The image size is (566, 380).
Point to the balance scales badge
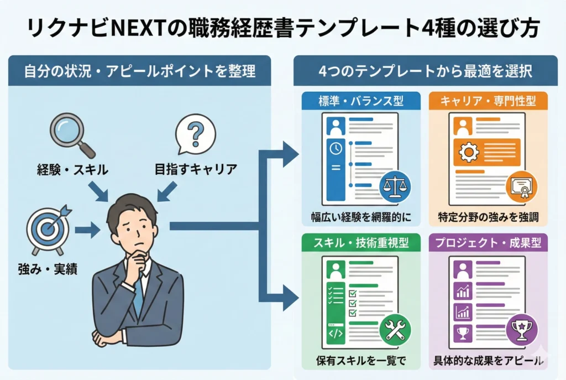pyautogui.click(x=395, y=186)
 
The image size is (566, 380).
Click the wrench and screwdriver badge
pyautogui.click(x=395, y=330)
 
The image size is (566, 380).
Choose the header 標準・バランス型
pyautogui.click(x=360, y=101)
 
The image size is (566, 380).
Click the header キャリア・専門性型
pyautogui.click(x=487, y=101)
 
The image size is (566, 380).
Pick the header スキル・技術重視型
pyautogui.click(x=360, y=243)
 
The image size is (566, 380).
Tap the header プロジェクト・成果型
pyautogui.click(x=487, y=243)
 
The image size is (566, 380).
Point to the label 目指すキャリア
pyautogui.click(x=196, y=170)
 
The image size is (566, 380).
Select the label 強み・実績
pyautogui.click(x=46, y=270)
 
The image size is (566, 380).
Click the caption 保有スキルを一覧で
pyautogui.click(x=360, y=361)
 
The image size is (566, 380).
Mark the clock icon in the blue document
pyautogui.click(x=334, y=148)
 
